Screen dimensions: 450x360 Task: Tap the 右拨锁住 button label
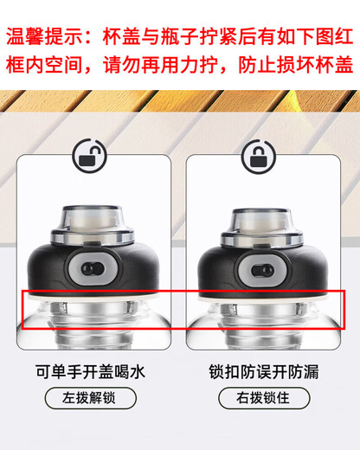[x=257, y=400]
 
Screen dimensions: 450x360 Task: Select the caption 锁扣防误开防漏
[x=257, y=373]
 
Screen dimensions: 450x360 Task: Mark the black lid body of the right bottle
[x=221, y=268]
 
